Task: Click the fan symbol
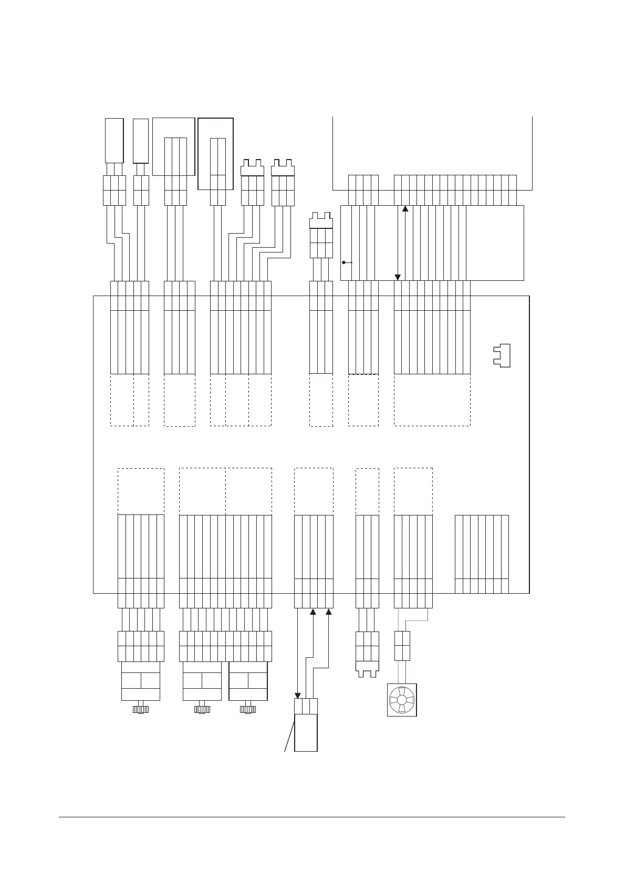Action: [402, 700]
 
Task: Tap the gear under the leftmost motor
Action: [141, 709]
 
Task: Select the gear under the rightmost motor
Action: [247, 709]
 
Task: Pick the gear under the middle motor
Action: [202, 709]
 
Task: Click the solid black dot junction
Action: [343, 262]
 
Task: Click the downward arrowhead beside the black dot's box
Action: [398, 277]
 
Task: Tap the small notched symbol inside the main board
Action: [502, 356]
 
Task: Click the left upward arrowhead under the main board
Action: [313, 612]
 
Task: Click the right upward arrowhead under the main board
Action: [329, 612]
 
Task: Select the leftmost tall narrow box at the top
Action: [114, 140]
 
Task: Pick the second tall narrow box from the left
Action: [141, 141]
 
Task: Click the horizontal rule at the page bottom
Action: [312, 817]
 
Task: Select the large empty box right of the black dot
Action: [495, 243]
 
